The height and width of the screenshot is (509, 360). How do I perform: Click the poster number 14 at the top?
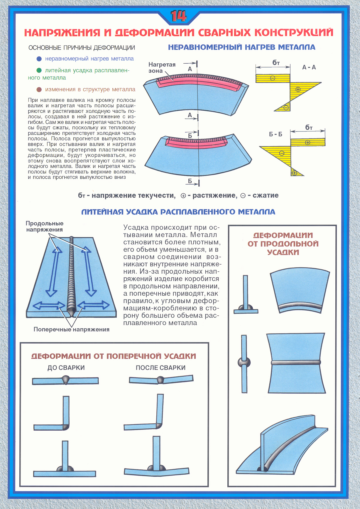(x=178, y=16)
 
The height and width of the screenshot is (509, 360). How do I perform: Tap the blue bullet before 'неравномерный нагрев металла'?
(x=39, y=59)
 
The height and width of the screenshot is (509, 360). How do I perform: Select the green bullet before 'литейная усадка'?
(x=39, y=70)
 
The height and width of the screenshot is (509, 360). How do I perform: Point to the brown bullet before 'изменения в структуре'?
(x=39, y=89)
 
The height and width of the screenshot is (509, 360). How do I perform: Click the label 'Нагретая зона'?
(x=162, y=67)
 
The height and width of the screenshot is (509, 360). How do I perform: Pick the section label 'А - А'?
(x=309, y=67)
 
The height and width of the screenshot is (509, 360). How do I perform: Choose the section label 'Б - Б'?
(x=276, y=134)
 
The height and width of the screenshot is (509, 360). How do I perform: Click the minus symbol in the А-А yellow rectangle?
(x=273, y=78)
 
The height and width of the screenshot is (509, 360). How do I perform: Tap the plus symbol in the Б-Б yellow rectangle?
(x=307, y=143)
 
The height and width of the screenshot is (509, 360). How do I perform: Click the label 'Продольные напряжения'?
(x=44, y=226)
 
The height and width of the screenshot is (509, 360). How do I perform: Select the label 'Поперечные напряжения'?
(x=71, y=329)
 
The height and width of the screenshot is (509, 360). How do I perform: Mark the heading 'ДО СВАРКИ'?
(x=66, y=368)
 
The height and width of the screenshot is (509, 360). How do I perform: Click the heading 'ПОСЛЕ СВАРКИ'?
(x=160, y=368)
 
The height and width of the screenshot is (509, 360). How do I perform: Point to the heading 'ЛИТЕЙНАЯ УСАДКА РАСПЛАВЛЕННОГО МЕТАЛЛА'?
(x=178, y=212)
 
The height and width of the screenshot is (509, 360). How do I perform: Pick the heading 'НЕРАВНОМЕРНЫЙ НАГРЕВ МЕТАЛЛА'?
(x=241, y=47)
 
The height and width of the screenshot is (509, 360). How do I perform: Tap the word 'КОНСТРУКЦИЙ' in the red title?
(x=294, y=32)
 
